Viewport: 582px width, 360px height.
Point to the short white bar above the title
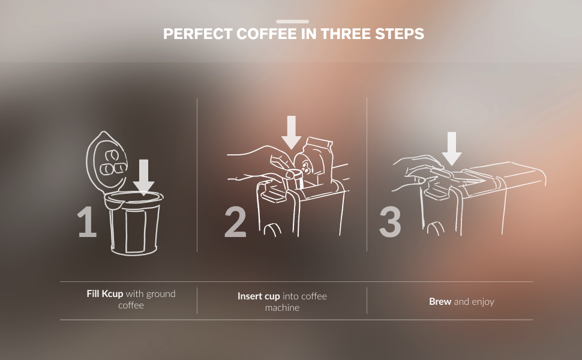[x=292, y=21]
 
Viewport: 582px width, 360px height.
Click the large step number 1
[x=88, y=223]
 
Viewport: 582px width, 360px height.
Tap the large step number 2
[x=235, y=223]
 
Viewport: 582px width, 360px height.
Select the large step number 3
[x=390, y=223]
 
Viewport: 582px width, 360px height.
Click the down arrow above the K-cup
[x=143, y=178]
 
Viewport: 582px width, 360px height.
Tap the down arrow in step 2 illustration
[x=292, y=132]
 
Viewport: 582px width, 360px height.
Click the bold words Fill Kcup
[x=104, y=294]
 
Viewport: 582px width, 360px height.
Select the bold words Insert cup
[x=258, y=296]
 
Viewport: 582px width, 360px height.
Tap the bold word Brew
[x=440, y=302]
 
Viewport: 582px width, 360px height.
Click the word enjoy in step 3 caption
[x=482, y=302]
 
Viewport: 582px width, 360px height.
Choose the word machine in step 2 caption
[x=282, y=308]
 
